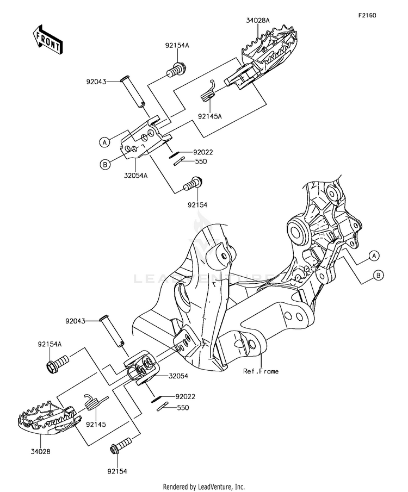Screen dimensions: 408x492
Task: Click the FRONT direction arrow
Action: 48,39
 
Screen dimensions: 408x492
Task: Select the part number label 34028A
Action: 257,21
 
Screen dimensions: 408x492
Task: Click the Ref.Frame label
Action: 261,371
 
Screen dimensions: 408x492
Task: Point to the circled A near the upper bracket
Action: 104,142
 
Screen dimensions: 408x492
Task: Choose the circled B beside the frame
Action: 379,276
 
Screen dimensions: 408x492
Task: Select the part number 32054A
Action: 135,176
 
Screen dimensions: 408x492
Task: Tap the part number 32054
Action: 178,376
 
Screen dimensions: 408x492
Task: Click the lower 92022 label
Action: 186,396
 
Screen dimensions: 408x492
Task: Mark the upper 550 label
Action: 201,161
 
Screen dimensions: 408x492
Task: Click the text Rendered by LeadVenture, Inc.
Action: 204,487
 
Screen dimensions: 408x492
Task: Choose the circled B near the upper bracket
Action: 105,164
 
